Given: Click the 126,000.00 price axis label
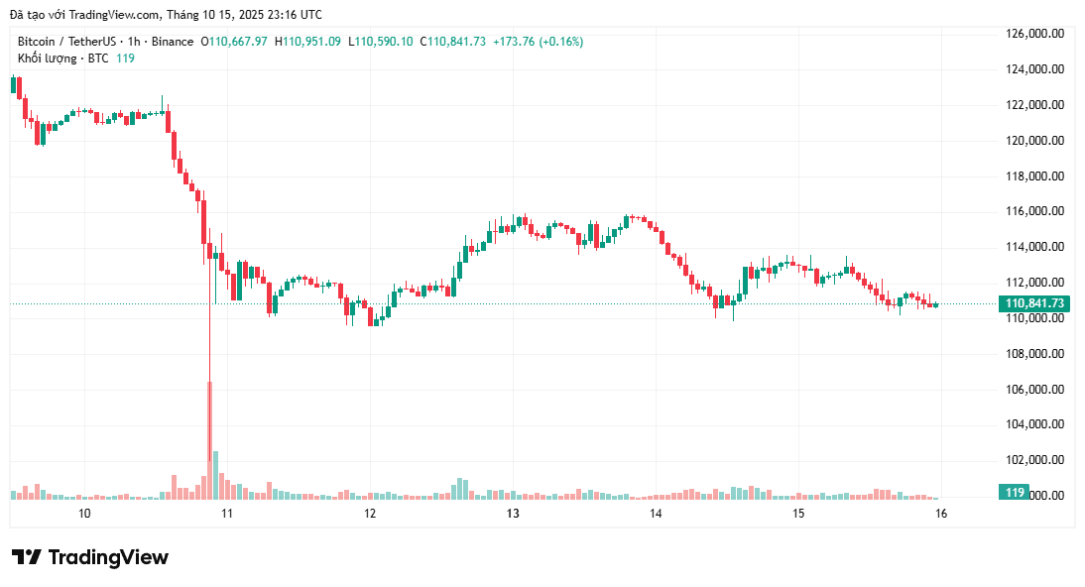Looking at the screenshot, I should click(1034, 34).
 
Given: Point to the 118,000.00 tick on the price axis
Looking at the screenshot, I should click(1034, 176).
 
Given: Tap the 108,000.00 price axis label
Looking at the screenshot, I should click(1034, 354).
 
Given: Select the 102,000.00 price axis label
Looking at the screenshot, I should click(1034, 460).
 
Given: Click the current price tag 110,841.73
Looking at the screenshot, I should click(1034, 303).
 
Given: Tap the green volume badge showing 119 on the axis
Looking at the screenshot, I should click(1014, 493).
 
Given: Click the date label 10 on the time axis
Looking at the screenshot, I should click(84, 514).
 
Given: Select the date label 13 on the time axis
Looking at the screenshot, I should click(513, 514).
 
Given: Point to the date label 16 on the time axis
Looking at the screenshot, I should click(941, 514).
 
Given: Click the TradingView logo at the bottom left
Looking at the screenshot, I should click(90, 557).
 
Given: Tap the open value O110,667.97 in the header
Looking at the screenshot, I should click(234, 42).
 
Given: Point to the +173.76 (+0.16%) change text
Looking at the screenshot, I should click(538, 42).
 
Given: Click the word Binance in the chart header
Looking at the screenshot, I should click(172, 42).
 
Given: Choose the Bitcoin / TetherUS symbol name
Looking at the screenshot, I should click(65, 42).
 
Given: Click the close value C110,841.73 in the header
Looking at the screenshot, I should click(453, 42).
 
